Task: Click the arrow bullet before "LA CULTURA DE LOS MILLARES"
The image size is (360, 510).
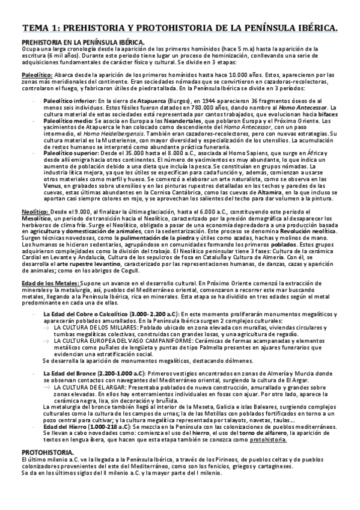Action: point(46,327)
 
